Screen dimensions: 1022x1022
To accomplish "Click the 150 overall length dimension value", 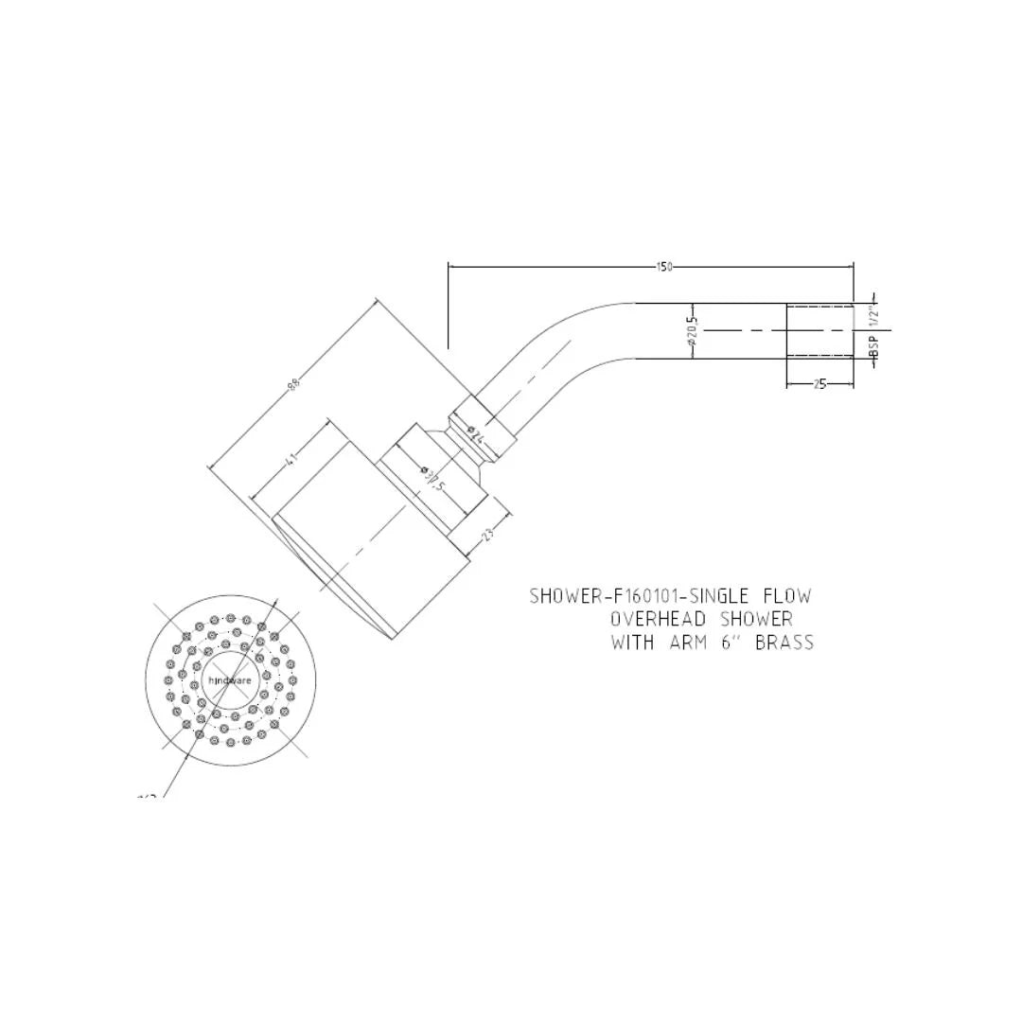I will pos(663,267).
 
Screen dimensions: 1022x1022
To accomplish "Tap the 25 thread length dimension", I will pos(819,384).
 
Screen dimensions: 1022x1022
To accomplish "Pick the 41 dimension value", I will pos(291,459).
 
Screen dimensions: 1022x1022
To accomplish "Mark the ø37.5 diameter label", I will pos(432,478).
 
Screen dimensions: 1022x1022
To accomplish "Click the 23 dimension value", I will pos(488,535).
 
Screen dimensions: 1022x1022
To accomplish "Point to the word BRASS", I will pos(784,643).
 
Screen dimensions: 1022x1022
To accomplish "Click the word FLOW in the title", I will pos(787,596).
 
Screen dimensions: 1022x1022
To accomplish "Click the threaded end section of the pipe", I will pos(819,331).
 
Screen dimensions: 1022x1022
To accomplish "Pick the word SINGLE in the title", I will pos(721,596).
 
